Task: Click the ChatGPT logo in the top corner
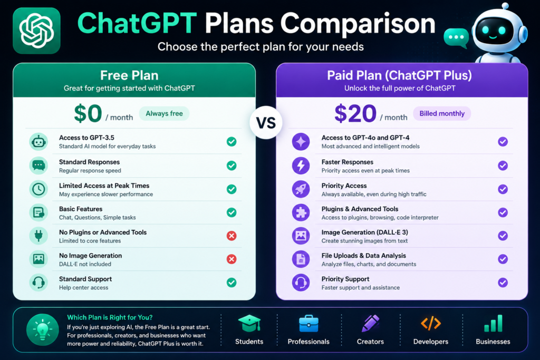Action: tap(36, 31)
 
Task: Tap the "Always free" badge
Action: tap(165, 113)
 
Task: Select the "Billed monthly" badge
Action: tap(442, 113)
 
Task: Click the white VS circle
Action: tap(266, 122)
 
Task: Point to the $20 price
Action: tap(355, 113)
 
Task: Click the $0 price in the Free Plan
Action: tap(88, 113)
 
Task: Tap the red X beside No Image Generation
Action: tap(232, 259)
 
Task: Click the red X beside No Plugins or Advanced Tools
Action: tap(232, 236)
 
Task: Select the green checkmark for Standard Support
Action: tap(232, 283)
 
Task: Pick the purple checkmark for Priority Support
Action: tap(503, 283)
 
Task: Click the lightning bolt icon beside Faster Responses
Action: tap(301, 166)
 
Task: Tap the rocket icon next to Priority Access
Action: tap(301, 189)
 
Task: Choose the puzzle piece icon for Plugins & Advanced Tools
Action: tap(301, 212)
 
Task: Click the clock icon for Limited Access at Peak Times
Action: tap(38, 189)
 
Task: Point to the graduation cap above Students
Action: tap(249, 324)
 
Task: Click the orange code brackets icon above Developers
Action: tap(431, 324)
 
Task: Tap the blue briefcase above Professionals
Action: tap(308, 324)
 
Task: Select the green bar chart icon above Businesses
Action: tap(493, 324)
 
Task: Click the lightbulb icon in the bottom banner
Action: tap(42, 330)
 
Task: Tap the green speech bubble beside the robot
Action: tap(456, 38)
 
